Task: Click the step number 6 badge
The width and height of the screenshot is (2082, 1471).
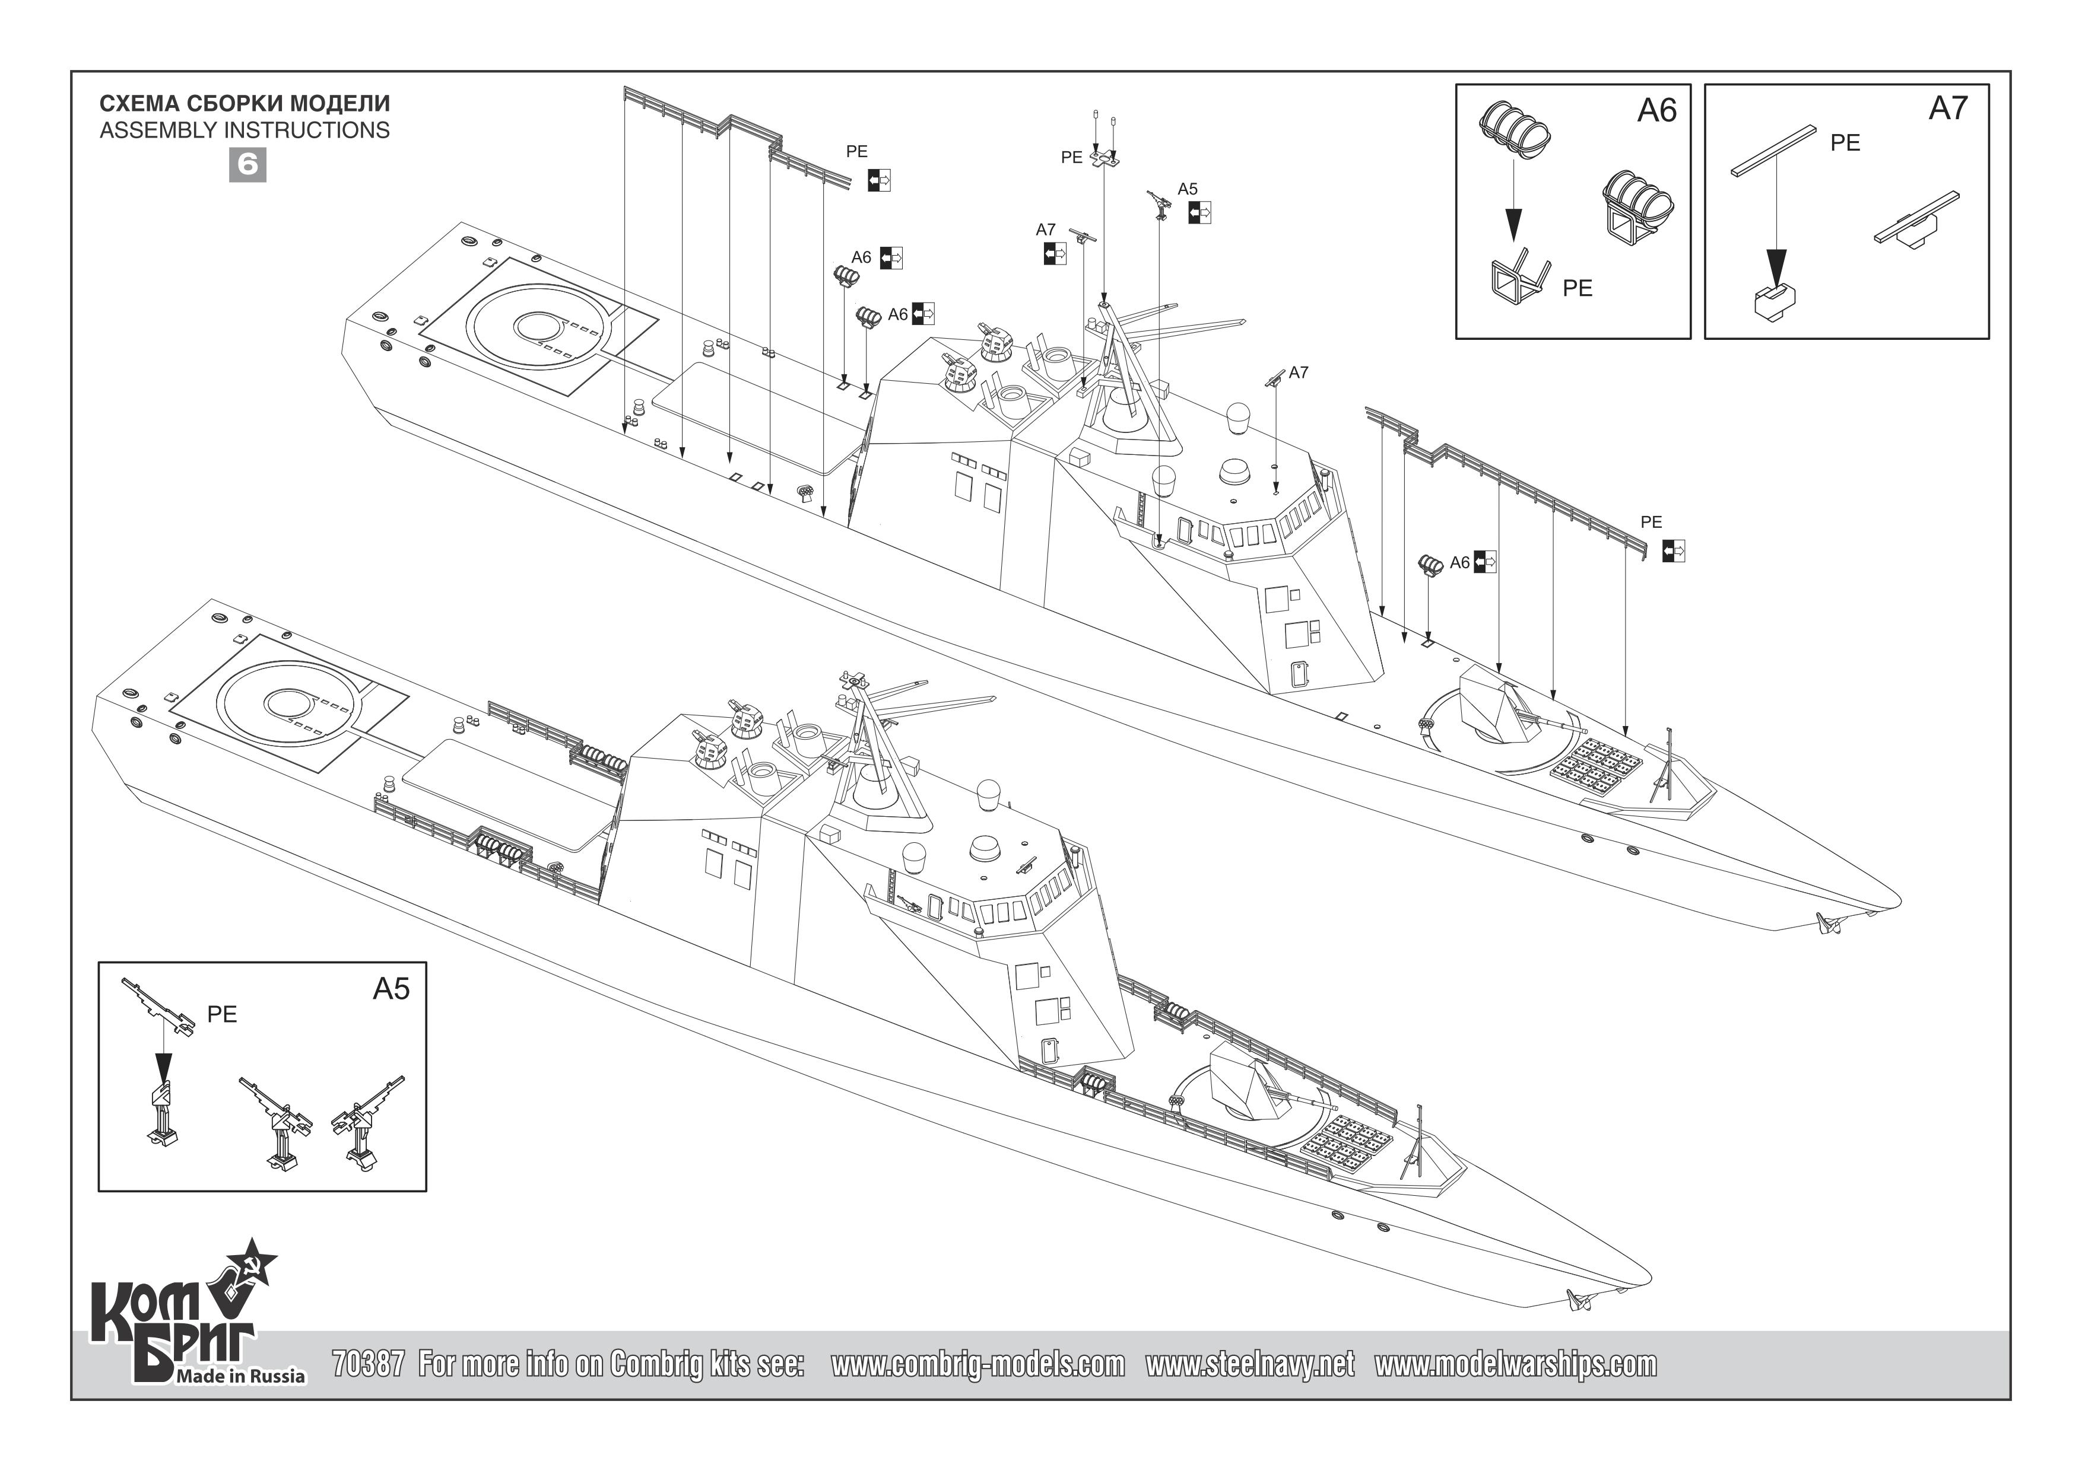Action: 247,165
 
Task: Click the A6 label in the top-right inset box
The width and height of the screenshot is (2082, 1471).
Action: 1656,110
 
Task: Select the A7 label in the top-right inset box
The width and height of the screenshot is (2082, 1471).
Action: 1948,109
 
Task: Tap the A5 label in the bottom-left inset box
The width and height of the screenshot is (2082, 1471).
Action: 391,989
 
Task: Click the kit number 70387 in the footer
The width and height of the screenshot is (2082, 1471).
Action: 368,1364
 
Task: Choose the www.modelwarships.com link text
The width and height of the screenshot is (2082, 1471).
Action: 1515,1364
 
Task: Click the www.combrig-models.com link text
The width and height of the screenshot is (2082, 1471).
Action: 977,1364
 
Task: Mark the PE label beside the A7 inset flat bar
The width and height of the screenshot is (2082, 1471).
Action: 1845,143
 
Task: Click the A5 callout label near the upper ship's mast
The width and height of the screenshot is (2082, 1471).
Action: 1187,189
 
